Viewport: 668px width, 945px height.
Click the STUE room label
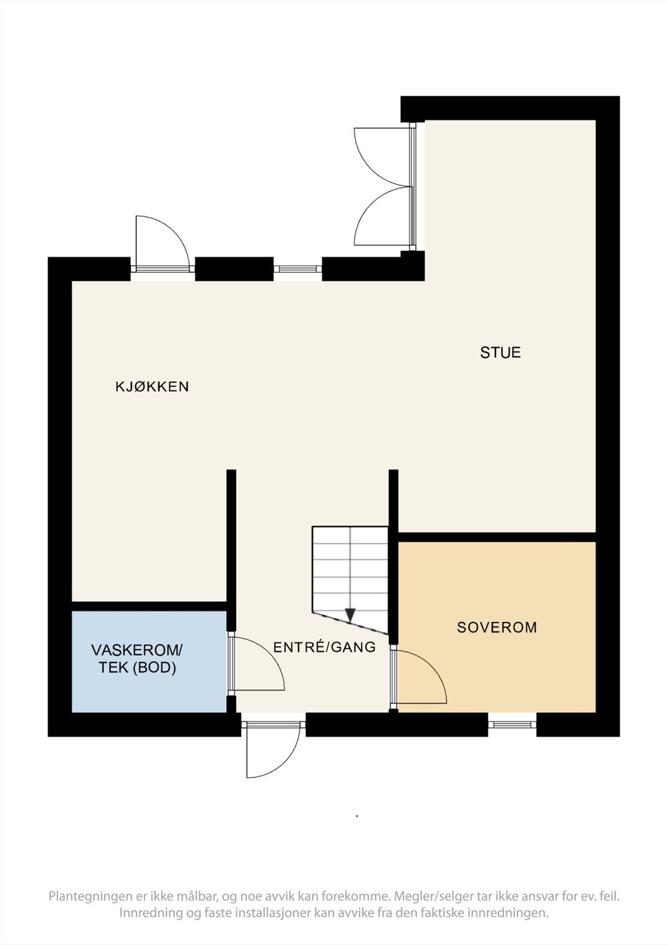[500, 353]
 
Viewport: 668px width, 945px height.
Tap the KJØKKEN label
[152, 387]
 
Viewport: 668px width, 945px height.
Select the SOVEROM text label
[497, 627]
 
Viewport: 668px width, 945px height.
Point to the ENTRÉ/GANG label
[324, 647]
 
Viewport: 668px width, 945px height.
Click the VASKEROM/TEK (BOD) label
[137, 659]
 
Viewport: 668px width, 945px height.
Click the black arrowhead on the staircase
[350, 615]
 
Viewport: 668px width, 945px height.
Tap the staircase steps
[350, 570]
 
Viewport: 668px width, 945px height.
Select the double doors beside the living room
[384, 187]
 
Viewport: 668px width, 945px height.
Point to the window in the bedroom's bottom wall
[512, 724]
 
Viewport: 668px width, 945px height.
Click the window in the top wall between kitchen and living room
[298, 269]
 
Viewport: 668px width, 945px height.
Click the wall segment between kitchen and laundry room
[149, 606]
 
